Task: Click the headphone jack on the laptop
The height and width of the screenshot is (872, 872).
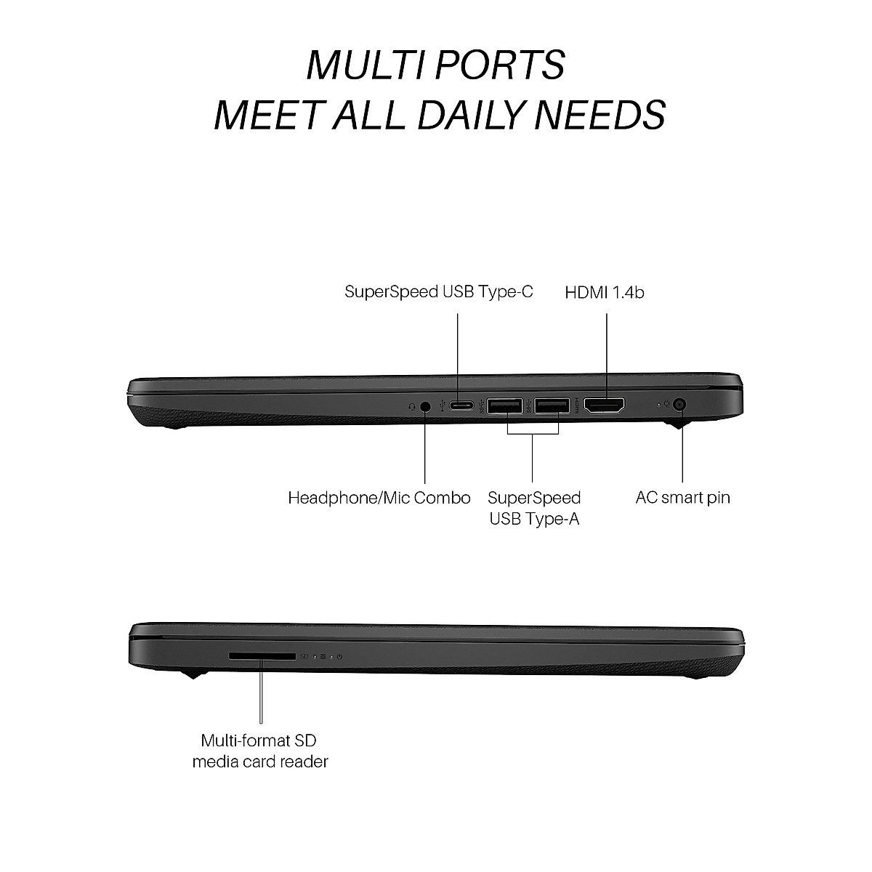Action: coord(425,406)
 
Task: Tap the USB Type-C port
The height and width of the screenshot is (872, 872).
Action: coord(459,405)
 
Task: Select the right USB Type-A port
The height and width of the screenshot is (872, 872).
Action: coord(552,406)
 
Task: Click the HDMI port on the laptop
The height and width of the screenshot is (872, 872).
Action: coord(605,406)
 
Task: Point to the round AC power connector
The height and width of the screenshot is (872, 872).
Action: coord(681,404)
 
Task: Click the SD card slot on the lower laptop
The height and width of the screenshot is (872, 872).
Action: coord(262,655)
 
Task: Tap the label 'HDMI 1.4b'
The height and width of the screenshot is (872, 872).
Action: coord(605,292)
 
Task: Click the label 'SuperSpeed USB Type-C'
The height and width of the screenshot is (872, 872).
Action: coord(439,291)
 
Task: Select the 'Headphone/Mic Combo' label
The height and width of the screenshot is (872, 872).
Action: coord(379,498)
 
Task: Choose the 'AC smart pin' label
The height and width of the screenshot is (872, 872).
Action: coord(682,498)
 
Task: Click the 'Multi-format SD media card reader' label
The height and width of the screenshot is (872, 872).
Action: coord(260,751)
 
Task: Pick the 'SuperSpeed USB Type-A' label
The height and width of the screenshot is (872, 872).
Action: coord(534,508)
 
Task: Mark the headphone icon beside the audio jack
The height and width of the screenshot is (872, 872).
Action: coord(412,406)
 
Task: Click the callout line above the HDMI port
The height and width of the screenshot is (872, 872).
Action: coord(605,349)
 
